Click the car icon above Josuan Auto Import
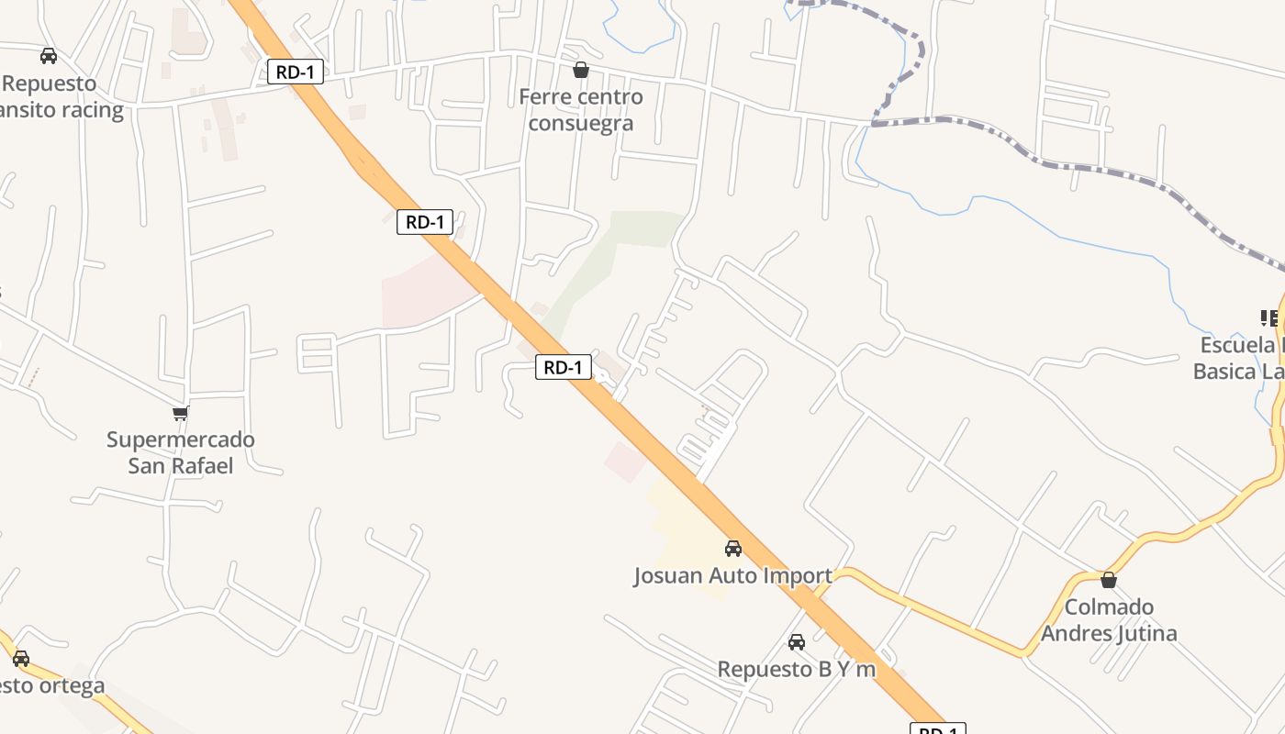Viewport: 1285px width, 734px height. click(x=733, y=549)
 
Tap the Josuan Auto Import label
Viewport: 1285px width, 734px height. click(x=732, y=576)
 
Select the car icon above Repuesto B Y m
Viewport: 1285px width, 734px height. click(x=797, y=642)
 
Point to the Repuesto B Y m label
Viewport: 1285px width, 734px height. click(x=797, y=670)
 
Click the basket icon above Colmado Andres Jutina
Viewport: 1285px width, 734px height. click(x=1109, y=580)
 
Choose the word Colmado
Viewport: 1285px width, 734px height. click(x=1109, y=607)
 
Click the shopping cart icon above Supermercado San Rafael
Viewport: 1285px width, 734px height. click(x=181, y=413)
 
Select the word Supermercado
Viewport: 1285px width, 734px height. click(x=181, y=439)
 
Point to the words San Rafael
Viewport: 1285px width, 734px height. click(x=181, y=466)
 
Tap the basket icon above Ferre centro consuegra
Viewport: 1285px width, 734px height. click(x=581, y=70)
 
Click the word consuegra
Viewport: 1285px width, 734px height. click(x=581, y=123)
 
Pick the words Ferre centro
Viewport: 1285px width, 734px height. click(x=581, y=96)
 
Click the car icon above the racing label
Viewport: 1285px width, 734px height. click(x=49, y=56)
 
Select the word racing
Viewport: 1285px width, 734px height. click(x=90, y=110)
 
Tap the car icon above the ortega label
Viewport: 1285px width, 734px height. click(x=21, y=659)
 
